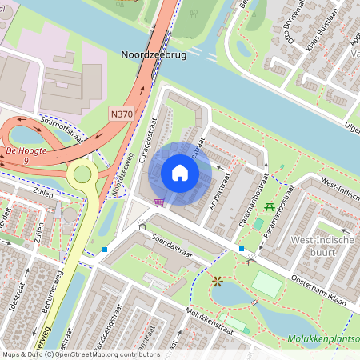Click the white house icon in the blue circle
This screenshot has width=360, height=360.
(x=180, y=174)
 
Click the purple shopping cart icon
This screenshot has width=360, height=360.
(x=159, y=202)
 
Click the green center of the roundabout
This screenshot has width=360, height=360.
(x=82, y=174)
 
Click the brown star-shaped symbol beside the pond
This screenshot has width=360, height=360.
(x=217, y=281)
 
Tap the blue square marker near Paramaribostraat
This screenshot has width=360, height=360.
(x=242, y=249)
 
